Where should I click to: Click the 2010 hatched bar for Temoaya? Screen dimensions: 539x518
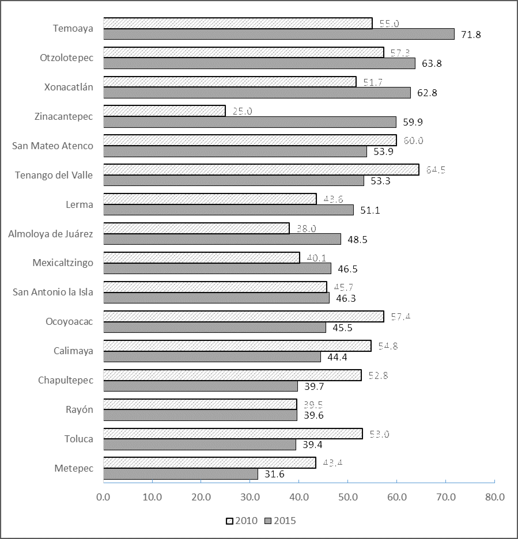pos(237,24)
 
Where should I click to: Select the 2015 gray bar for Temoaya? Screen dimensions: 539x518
pos(278,34)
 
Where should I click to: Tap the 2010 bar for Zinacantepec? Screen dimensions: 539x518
pos(164,111)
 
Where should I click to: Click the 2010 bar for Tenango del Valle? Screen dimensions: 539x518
pos(261,170)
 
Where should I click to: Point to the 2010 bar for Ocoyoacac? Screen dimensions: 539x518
pos(243,316)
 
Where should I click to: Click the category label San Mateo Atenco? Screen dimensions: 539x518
pos(53,146)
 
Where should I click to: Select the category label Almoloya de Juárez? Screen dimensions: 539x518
pos(51,234)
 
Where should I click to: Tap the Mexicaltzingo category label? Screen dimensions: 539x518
pos(63,263)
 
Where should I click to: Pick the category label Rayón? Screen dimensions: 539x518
pos(80,409)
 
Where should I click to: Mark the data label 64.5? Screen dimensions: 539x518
pos(436,170)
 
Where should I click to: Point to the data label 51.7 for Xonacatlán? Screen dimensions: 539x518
pos(373,83)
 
